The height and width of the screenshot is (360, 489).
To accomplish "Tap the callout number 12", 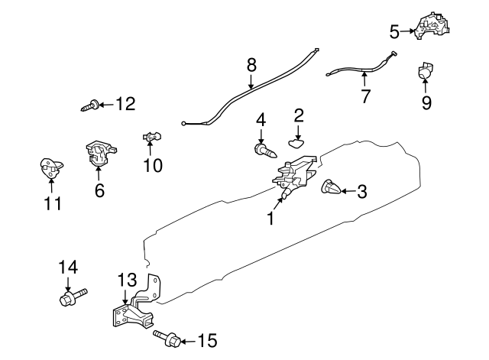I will (x=125, y=103).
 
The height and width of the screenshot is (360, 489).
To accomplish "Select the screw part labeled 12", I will (x=89, y=105).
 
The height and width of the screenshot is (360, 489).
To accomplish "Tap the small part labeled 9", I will (x=425, y=73).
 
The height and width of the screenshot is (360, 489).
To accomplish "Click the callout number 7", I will (x=365, y=97).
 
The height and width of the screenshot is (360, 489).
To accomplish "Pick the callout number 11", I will (x=52, y=204).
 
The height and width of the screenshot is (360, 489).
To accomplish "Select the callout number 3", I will (x=362, y=192).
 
